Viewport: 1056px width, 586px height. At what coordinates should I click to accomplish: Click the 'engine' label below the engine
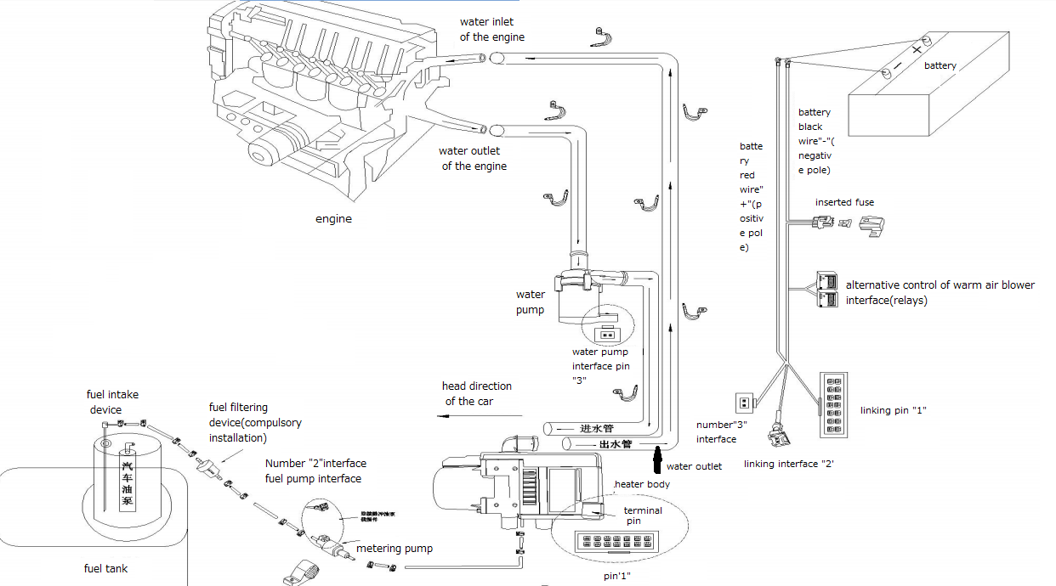[x=333, y=219]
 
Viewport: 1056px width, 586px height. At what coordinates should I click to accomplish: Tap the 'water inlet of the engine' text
[x=491, y=30]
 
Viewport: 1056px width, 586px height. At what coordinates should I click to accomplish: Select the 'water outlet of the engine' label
[x=473, y=159]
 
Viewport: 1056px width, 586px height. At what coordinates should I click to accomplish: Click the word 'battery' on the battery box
[x=940, y=65]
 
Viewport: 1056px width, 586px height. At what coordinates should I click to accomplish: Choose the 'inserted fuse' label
[x=844, y=202]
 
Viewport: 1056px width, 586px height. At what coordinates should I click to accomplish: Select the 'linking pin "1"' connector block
[x=833, y=405]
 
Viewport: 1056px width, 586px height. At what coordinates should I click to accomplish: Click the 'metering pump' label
[x=394, y=549]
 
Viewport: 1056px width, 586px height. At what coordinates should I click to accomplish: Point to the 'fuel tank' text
[x=105, y=568]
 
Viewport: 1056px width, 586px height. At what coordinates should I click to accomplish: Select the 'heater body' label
[x=643, y=484]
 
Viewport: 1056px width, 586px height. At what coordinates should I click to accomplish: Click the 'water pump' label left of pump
[x=531, y=302]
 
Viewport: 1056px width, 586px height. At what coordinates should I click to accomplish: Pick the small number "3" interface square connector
[x=744, y=403]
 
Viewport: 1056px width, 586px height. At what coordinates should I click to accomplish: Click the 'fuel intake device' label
[x=112, y=402]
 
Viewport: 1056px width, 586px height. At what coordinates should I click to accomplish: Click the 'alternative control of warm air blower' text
[x=940, y=285]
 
